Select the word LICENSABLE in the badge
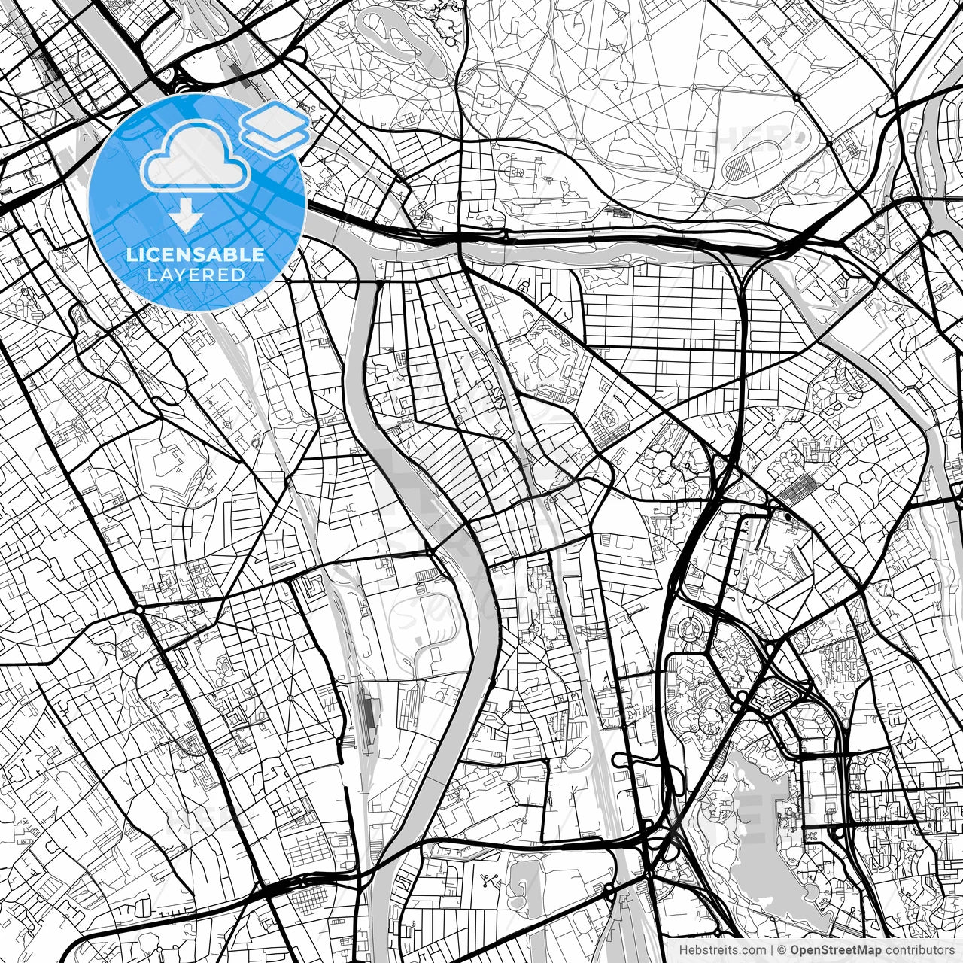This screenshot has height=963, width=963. (196, 254)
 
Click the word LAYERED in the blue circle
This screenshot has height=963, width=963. (196, 275)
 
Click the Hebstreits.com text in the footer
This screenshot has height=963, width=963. (723, 950)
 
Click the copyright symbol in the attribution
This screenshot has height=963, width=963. (782, 950)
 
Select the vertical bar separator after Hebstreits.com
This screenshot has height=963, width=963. (773, 950)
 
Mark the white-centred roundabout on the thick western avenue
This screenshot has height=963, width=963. (141, 609)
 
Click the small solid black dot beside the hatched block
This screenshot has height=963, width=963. (788, 516)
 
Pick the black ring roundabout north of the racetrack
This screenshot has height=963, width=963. (797, 97)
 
